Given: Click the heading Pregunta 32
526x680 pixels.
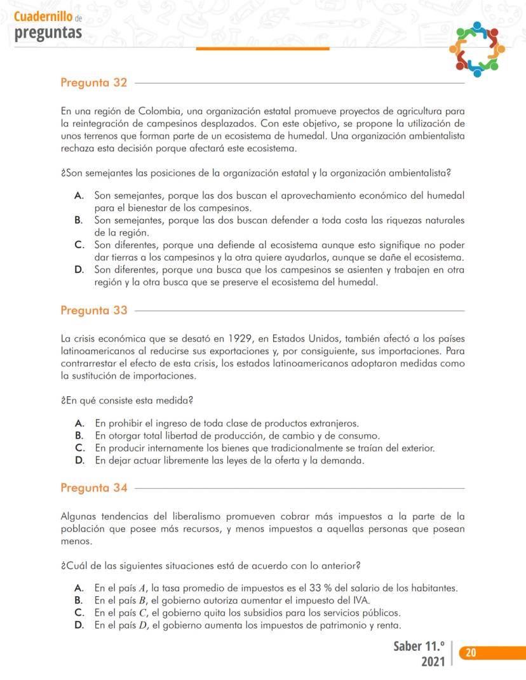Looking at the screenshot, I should [x=93, y=83].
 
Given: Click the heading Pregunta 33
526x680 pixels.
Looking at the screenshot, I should [x=93, y=310].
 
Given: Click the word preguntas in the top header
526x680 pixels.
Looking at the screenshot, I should [x=48, y=32].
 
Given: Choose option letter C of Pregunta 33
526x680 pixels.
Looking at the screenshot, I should [x=79, y=448].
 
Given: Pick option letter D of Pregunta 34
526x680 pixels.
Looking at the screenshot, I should [x=79, y=625].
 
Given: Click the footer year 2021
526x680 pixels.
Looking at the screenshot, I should [x=433, y=662].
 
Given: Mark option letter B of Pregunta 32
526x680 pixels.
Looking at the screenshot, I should [x=79, y=220].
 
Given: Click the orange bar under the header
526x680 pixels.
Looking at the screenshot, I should [x=262, y=48].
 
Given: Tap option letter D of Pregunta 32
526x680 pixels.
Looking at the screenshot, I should [x=79, y=269].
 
